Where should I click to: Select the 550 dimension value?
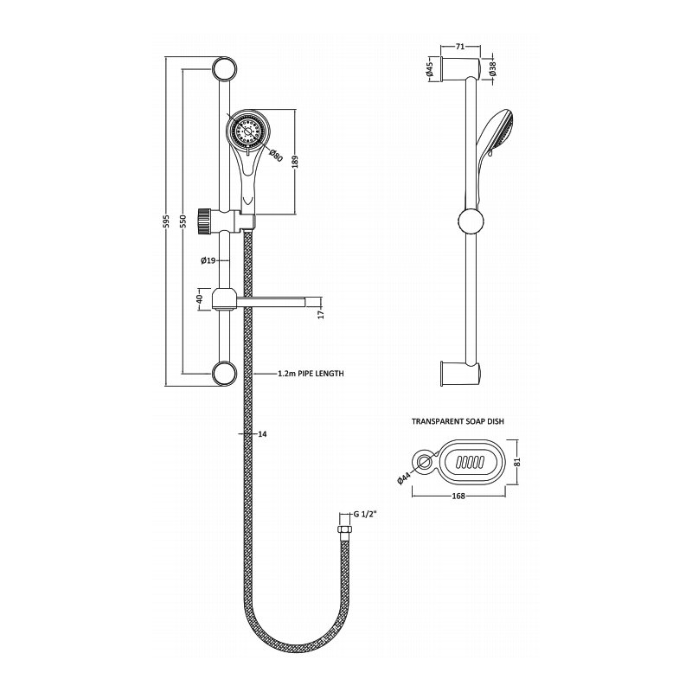[182, 222]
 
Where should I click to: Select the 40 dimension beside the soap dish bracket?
[199, 299]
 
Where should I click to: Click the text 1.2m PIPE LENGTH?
[311, 374]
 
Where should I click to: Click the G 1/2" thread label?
[367, 516]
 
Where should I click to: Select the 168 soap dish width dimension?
[459, 497]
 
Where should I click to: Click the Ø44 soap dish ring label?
[407, 477]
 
